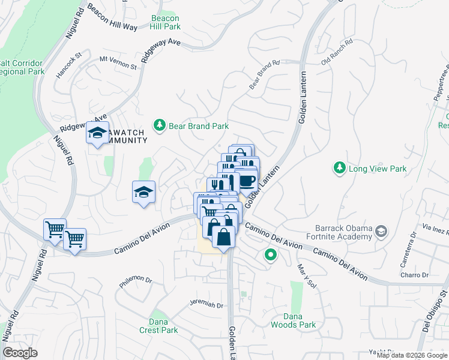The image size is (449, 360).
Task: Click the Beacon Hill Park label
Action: (165, 23)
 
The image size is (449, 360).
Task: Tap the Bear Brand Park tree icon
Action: (159, 125)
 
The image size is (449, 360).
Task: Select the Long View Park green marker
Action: (340, 168)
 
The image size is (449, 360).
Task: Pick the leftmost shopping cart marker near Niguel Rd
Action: (54, 229)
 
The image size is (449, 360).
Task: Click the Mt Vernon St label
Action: (117, 59)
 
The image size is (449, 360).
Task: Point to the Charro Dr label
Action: (415, 275)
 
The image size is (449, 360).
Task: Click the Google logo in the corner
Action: (20, 353)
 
